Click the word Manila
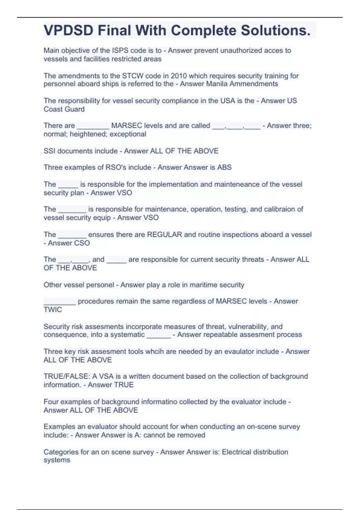pyautogui.click(x=217, y=84)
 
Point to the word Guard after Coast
pyautogui.click(x=75, y=109)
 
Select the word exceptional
pyautogui.click(x=128, y=134)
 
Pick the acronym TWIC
pyautogui.click(x=53, y=310)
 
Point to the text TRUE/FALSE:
pyautogui.click(x=67, y=376)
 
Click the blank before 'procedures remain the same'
pyautogui.click(x=59, y=301)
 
